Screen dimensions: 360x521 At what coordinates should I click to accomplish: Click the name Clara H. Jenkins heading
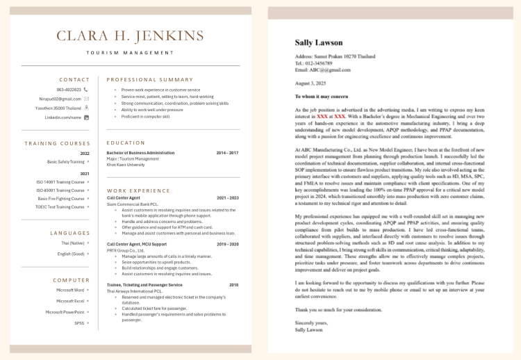(131, 35)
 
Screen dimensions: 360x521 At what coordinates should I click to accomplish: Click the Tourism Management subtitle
(131, 53)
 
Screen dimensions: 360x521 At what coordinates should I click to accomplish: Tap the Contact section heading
(74, 79)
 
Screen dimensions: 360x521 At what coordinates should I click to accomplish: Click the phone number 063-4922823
(68, 90)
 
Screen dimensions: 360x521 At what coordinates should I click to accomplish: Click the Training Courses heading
(58, 143)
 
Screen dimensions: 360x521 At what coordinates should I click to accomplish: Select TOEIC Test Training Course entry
(60, 206)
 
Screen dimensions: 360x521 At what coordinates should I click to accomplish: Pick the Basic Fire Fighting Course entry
(61, 198)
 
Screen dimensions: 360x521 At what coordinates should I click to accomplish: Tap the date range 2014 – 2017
(227, 152)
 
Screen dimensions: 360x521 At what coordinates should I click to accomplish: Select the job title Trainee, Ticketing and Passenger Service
(144, 285)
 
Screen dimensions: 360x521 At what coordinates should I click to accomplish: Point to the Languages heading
(70, 233)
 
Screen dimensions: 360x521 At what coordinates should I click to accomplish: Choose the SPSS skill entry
(79, 323)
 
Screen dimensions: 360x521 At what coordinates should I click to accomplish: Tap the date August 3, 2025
(310, 83)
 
